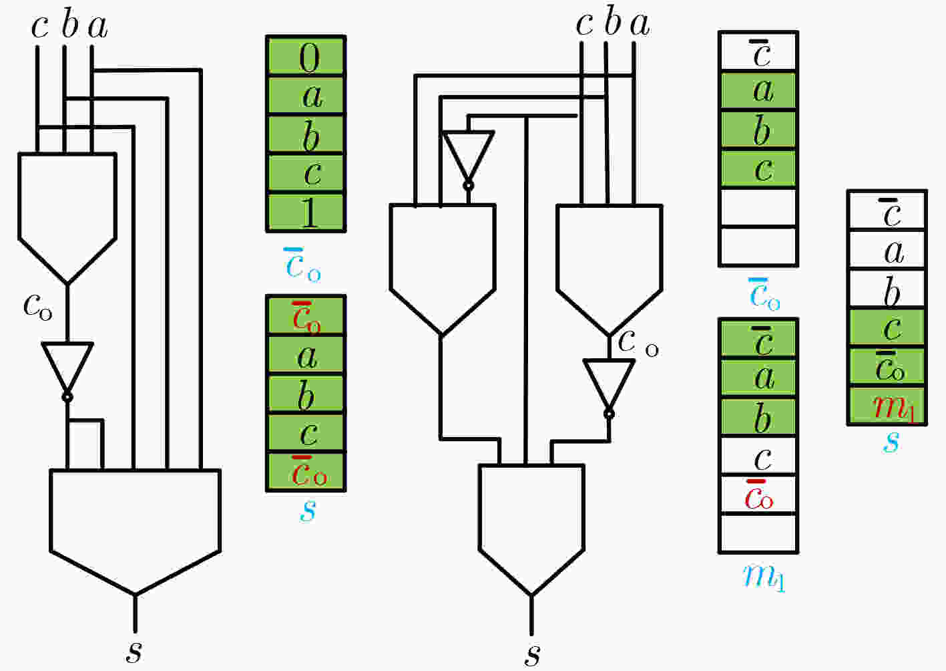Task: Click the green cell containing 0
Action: point(306,57)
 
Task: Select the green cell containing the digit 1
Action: point(306,213)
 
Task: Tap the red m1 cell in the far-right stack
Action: point(887,405)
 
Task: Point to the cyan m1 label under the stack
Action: point(764,577)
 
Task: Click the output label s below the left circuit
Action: point(134,651)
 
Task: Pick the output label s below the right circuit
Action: point(532,654)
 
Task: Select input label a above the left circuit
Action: point(97,27)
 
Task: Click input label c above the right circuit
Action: point(585,24)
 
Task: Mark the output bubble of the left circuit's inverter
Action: point(67,398)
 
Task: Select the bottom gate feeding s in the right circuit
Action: point(531,529)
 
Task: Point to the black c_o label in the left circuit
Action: point(38,305)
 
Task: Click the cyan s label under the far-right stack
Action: point(891,442)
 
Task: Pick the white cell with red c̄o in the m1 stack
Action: point(758,495)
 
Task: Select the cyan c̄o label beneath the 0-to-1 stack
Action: point(302,264)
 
